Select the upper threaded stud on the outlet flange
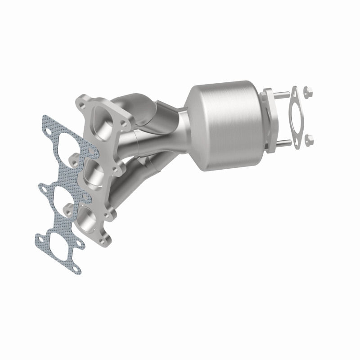click(x=281, y=94)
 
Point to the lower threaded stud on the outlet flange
click(x=282, y=144)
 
